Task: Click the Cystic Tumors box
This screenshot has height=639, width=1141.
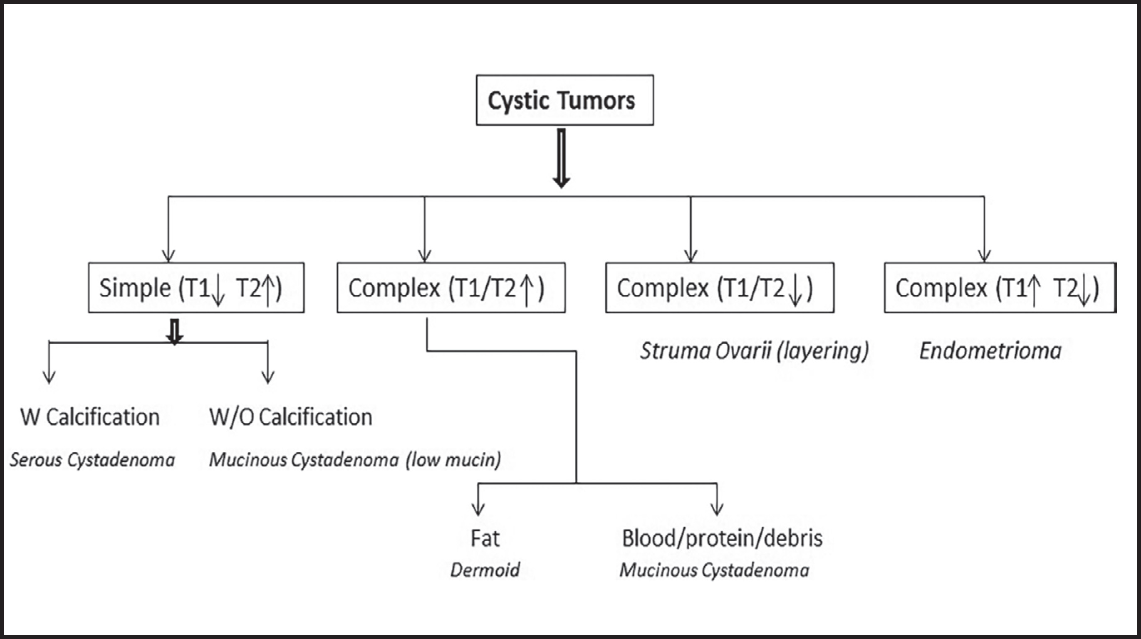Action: click(565, 100)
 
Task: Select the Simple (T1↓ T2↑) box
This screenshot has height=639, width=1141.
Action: click(196, 288)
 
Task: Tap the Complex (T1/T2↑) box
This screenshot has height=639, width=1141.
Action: click(451, 288)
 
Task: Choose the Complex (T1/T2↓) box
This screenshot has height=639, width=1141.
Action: click(720, 288)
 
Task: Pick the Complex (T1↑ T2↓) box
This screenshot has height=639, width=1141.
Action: click(1000, 288)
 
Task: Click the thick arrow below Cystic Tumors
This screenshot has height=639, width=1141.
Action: click(561, 158)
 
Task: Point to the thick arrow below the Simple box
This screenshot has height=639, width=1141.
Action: click(175, 332)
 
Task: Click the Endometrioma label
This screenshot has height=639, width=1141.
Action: click(990, 351)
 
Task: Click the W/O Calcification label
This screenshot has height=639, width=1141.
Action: click(291, 417)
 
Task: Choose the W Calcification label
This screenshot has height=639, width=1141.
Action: click(90, 417)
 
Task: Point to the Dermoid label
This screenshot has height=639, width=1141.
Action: click(485, 570)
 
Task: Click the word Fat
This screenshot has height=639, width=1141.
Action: click(485, 538)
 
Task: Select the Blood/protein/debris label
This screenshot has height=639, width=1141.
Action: click(723, 539)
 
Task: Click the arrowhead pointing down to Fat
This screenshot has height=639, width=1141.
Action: click(478, 510)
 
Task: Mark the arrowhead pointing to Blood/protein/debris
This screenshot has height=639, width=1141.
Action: click(717, 510)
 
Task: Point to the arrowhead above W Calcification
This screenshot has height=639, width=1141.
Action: click(49, 377)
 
